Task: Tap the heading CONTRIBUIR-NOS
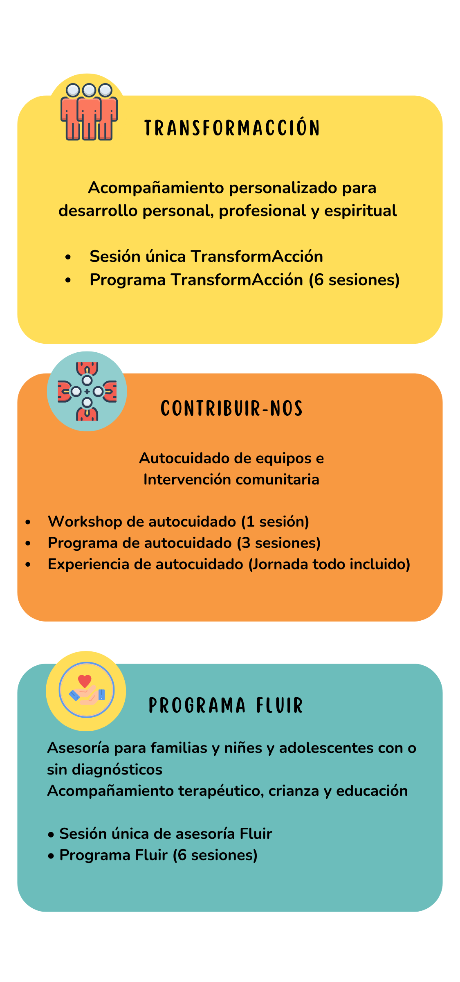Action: [x=231, y=408]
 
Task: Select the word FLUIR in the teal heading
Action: [x=280, y=705]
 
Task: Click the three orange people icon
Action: [x=89, y=112]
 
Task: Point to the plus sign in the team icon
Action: [x=87, y=392]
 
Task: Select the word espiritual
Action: [x=361, y=211]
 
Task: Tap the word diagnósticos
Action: [x=117, y=770]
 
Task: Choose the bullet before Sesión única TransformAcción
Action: [x=68, y=257]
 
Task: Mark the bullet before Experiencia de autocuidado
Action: [x=28, y=565]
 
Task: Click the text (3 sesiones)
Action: [x=279, y=543]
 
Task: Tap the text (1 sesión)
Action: [x=275, y=522]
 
